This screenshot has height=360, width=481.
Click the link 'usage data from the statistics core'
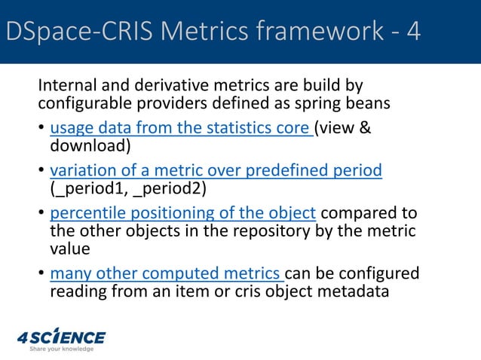coord(181,129)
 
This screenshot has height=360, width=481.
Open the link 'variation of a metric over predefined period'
coord(216,171)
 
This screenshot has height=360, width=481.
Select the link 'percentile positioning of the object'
coord(182,213)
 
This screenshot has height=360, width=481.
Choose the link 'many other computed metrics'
coord(167,272)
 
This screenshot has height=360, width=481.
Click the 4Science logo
coord(62,337)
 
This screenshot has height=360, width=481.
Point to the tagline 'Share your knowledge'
coord(62,349)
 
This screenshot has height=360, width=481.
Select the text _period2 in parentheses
coord(167,188)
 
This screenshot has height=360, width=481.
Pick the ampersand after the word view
coord(363,129)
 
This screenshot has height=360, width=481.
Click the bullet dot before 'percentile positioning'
coord(41,214)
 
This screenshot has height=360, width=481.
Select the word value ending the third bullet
coord(69,248)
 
